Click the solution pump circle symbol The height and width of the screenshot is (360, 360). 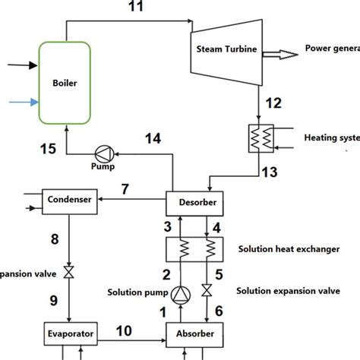click(181, 293)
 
